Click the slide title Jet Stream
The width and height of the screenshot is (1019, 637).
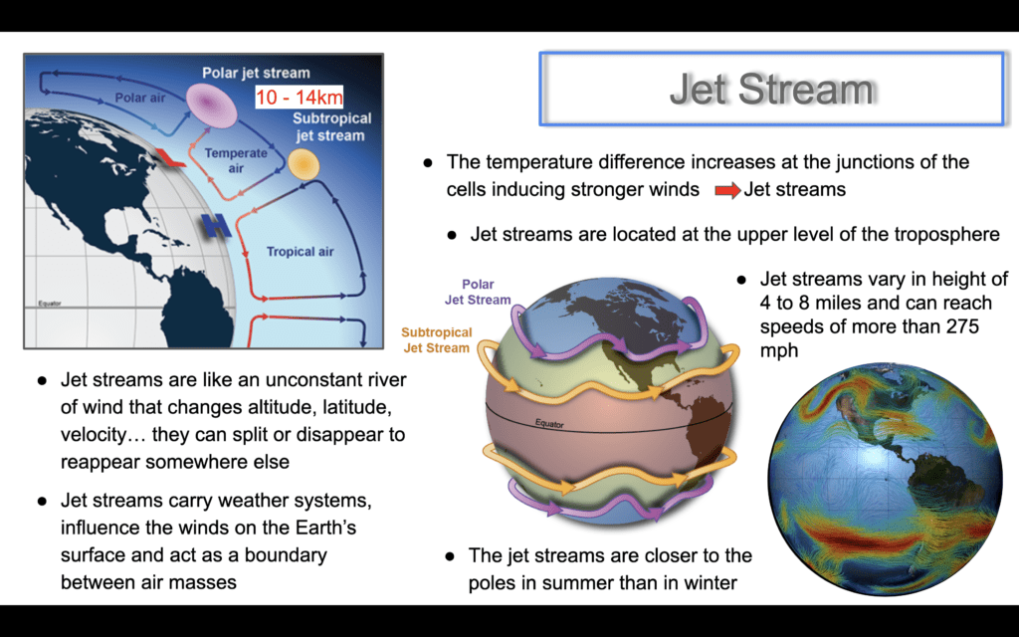point(772,89)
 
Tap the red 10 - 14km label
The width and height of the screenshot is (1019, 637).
point(299,97)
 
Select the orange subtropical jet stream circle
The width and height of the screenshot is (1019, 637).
point(304,164)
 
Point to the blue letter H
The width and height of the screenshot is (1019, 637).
point(217,226)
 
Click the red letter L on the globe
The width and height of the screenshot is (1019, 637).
point(169,157)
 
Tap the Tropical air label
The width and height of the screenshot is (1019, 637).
point(301,252)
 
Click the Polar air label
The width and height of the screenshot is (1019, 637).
point(140,99)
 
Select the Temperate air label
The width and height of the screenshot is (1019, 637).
point(236,160)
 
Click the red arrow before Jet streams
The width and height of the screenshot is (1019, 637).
point(727,190)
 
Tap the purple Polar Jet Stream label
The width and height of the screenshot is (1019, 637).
point(478,292)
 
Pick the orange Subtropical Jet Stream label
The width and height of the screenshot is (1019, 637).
point(436,340)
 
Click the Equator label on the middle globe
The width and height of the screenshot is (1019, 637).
point(549,424)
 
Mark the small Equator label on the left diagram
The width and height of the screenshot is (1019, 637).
point(50,304)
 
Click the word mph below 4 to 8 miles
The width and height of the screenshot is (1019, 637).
point(779,351)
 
